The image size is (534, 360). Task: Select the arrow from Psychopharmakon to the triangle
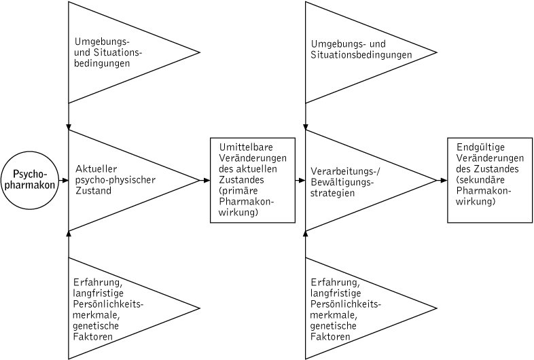65,180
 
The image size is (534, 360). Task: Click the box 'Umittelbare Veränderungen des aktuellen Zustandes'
252,180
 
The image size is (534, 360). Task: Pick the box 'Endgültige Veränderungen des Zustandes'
488,179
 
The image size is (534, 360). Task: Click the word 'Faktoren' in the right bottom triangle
331,337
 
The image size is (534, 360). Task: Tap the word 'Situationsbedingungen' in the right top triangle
361,55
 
